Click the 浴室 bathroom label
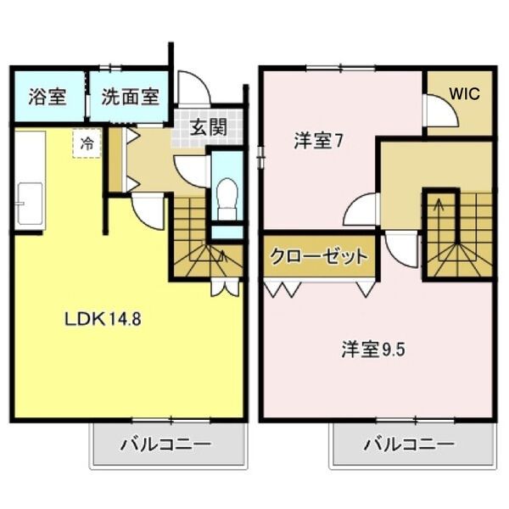(47, 96)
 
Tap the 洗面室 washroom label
(130, 96)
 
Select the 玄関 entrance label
(207, 129)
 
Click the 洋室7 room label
(318, 141)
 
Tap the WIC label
(464, 94)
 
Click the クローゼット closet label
(319, 256)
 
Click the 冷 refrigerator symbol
(87, 143)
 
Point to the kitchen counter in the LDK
(29, 181)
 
